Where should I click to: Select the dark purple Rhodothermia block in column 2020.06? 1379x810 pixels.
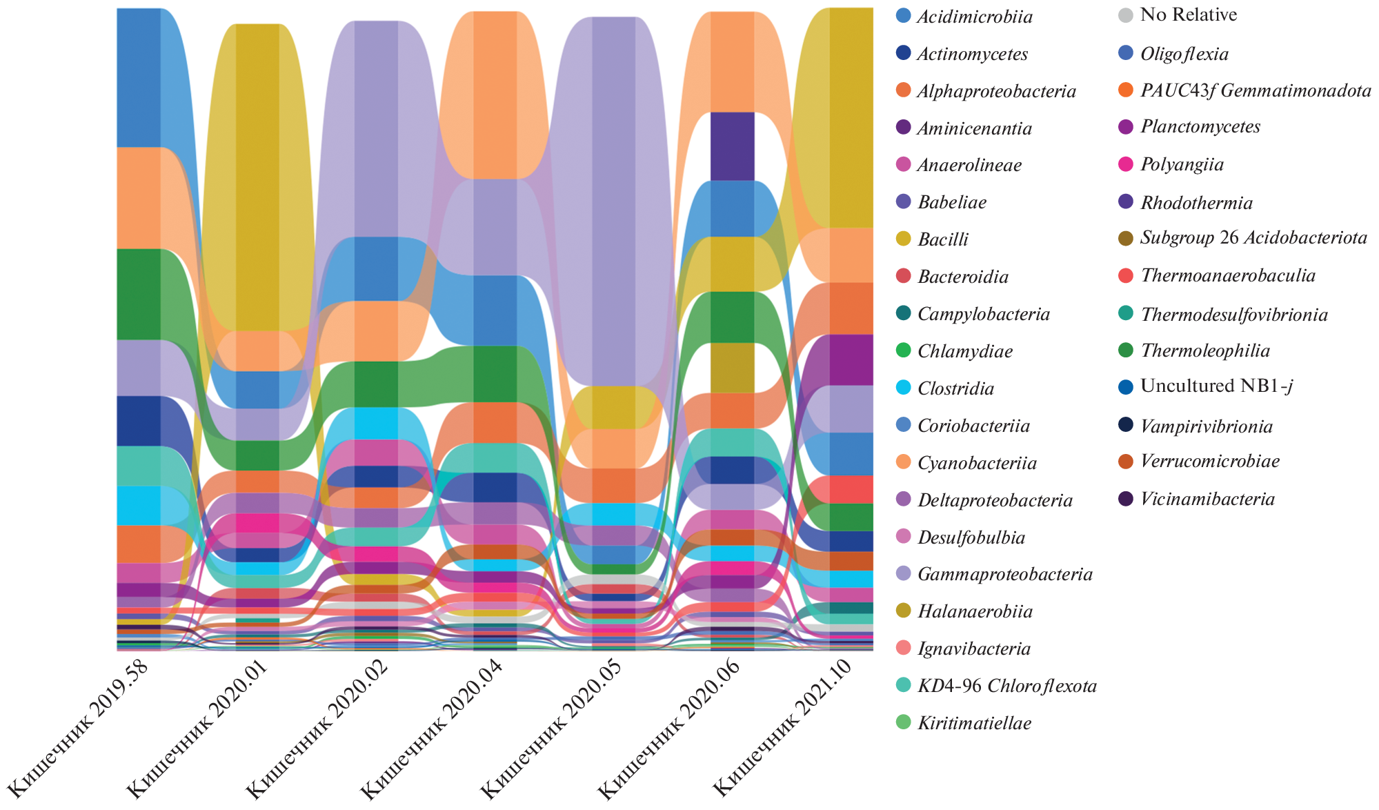coord(732,146)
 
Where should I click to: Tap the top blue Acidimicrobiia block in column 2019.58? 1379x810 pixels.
coord(139,77)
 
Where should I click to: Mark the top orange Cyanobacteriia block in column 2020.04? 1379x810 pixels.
coord(495,95)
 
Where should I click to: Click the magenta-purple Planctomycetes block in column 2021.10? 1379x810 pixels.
coord(851,359)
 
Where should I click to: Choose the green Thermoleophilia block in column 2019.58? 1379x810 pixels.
coord(139,294)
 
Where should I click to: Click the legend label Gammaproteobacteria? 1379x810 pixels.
coord(1005,574)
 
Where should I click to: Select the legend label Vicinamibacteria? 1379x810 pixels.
coord(1207,499)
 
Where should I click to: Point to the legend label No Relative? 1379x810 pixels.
coord(1189,14)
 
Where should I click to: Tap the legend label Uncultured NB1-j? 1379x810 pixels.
coord(1216,386)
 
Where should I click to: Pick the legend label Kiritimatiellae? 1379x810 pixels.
coord(974,723)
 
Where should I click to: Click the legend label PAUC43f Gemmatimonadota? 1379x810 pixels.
coord(1256,90)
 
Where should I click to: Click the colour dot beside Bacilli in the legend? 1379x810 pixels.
coord(903,239)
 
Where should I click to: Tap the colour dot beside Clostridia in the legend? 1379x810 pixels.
coord(903,388)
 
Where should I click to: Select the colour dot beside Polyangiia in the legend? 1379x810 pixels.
coord(1126,164)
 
